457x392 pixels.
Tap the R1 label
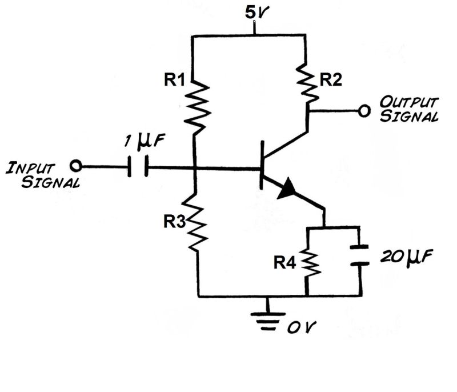tap(174, 81)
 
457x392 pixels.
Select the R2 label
tap(331, 81)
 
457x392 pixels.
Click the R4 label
tap(285, 262)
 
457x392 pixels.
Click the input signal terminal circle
tap(74, 166)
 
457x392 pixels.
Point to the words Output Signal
tap(410, 110)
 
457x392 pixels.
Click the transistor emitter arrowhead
tap(288, 190)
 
